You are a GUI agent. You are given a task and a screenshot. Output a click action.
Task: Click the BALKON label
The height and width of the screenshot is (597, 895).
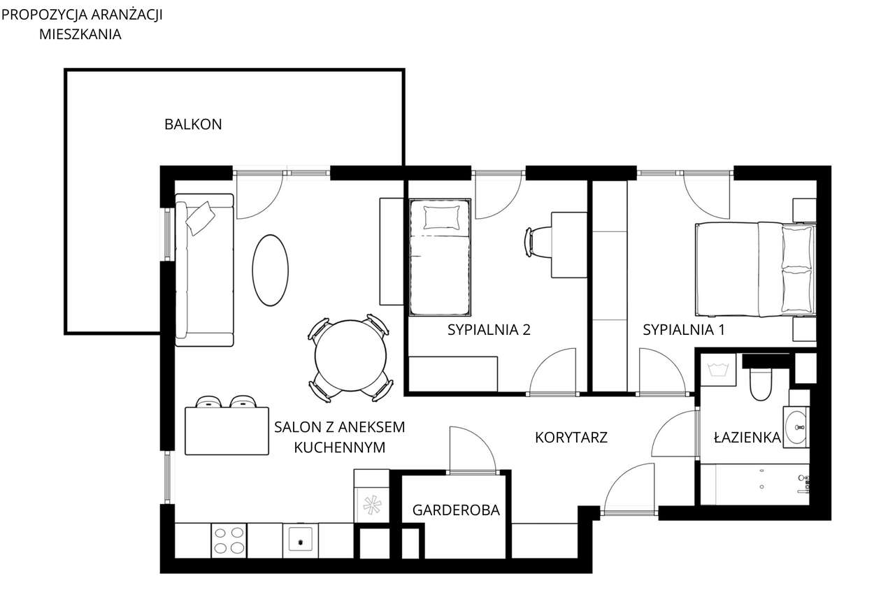click(193, 124)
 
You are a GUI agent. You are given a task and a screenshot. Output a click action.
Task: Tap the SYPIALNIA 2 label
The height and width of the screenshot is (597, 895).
click(489, 330)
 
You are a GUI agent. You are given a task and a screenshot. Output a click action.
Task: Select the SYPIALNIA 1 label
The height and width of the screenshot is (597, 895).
click(683, 330)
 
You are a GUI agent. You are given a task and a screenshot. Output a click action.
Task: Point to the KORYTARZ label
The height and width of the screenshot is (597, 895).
click(571, 438)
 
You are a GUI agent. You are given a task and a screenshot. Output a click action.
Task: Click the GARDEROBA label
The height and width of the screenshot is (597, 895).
click(456, 510)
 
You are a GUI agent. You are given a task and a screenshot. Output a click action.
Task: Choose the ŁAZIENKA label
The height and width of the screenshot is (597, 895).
click(747, 438)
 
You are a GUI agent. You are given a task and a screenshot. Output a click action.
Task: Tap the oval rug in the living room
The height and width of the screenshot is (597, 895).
click(270, 270)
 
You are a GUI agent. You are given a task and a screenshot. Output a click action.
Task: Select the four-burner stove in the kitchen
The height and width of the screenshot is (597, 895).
click(229, 540)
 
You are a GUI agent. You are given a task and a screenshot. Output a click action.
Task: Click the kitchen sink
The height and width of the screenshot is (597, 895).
click(301, 540)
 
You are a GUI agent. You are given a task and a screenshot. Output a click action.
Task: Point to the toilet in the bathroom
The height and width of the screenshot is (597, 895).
click(759, 384)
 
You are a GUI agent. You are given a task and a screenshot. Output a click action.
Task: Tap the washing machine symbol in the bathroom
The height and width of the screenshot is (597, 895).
click(717, 368)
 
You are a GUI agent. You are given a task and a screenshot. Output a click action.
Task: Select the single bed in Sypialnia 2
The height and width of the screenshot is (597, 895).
click(438, 257)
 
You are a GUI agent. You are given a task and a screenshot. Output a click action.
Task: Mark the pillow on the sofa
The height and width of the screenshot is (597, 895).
click(200, 217)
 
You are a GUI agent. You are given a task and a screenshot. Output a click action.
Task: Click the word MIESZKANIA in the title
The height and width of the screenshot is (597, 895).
click(80, 34)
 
